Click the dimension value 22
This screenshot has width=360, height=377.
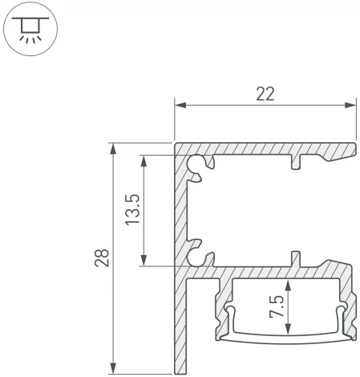tap(265, 93)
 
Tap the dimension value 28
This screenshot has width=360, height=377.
tap(100, 259)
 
